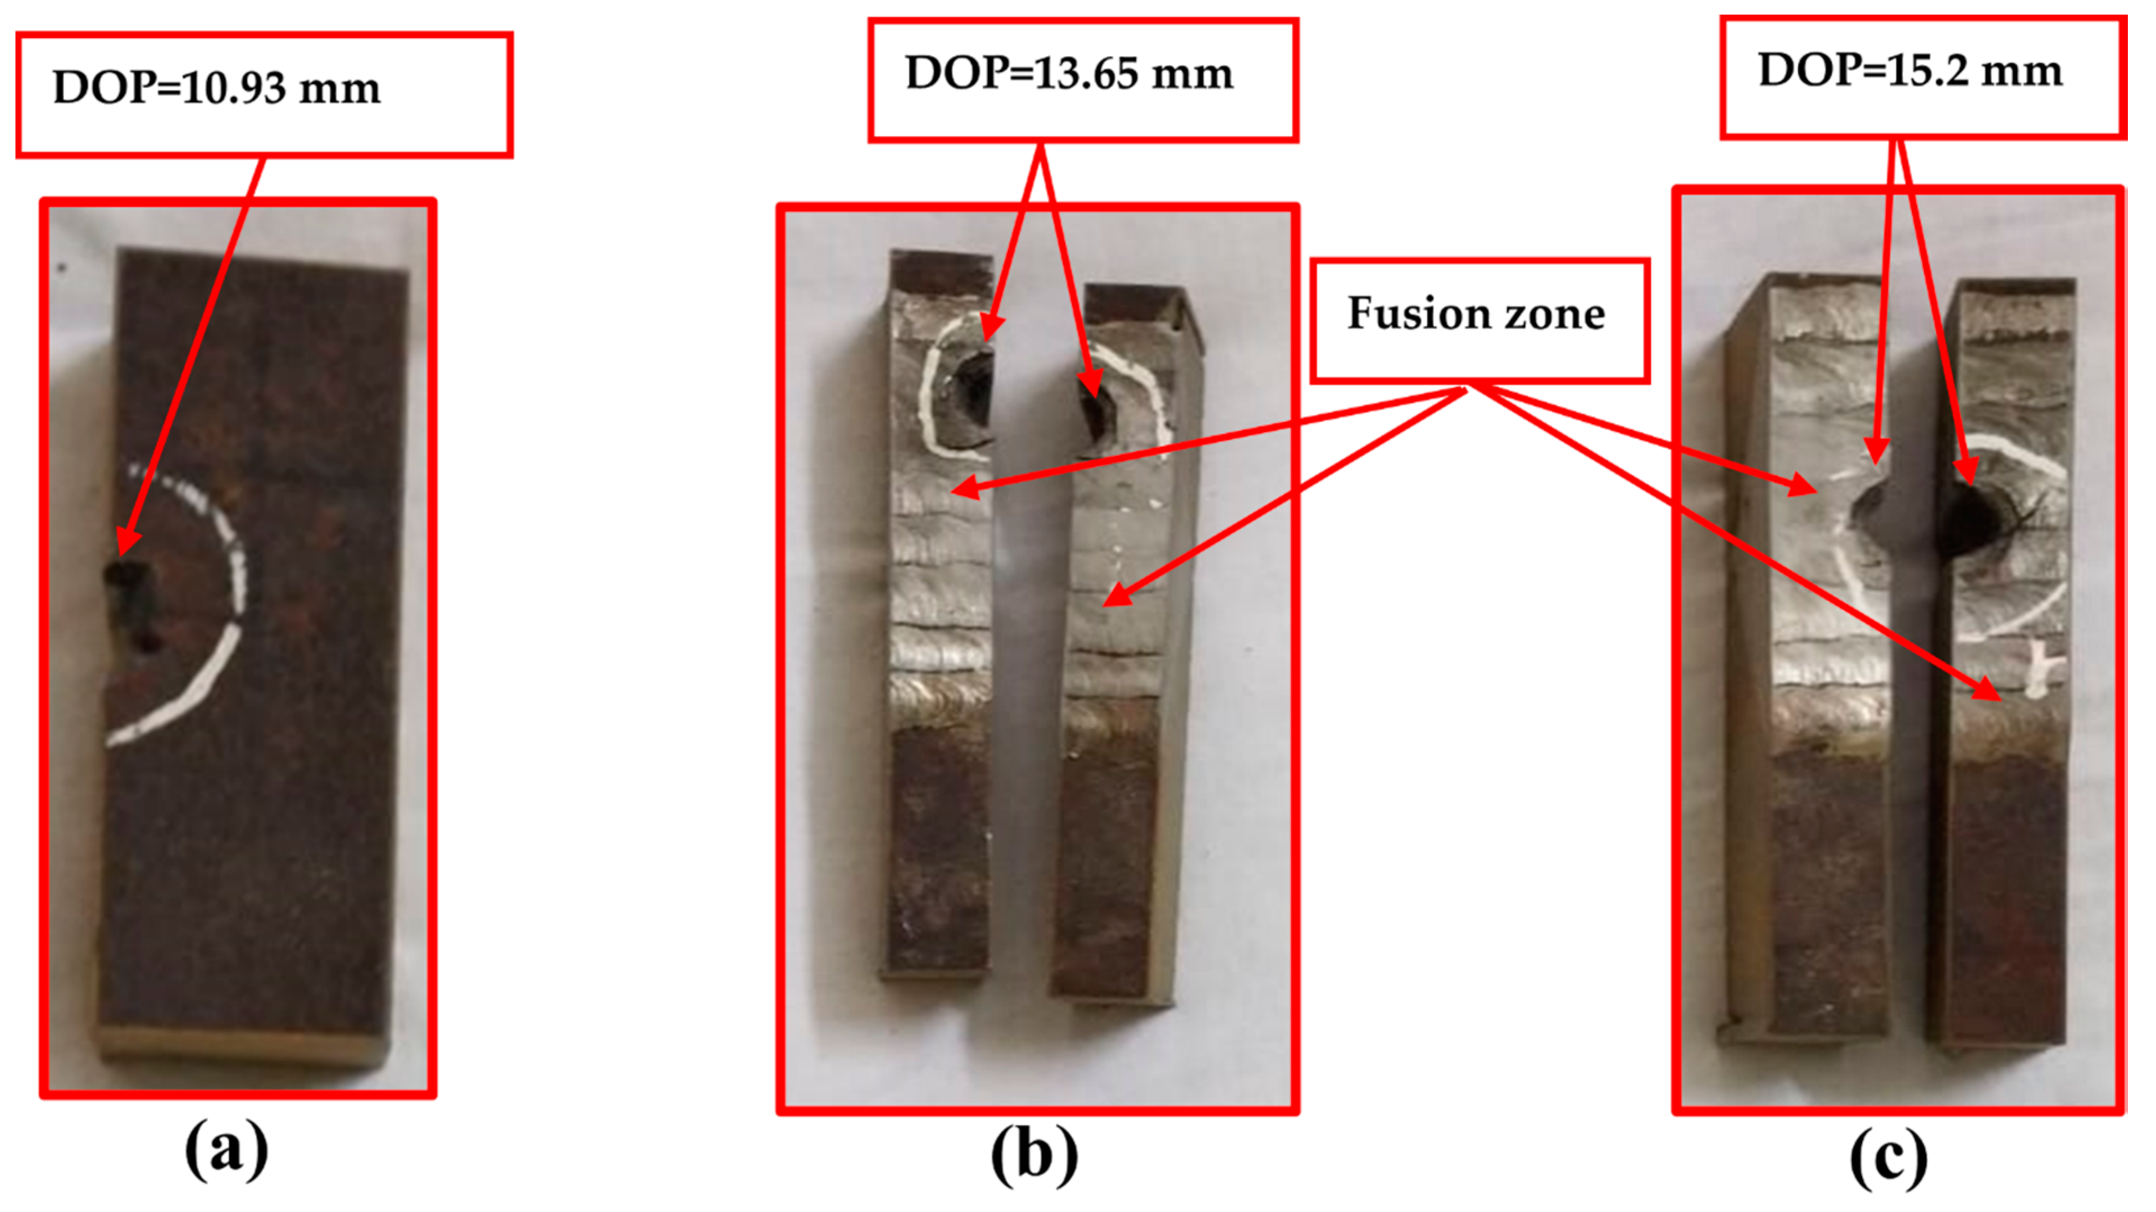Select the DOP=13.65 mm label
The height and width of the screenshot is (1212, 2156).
pos(1069,74)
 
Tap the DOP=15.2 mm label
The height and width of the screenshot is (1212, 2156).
pos(1909,70)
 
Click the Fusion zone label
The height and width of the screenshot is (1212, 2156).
pos(1477,314)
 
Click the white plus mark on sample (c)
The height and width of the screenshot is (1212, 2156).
pos(2042,674)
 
